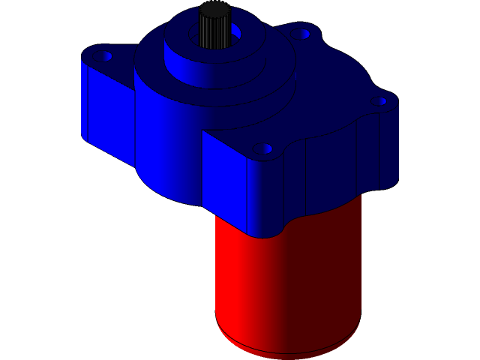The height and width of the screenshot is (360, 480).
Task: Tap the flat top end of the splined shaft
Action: point(214,9)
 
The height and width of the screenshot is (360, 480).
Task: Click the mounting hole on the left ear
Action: point(104,56)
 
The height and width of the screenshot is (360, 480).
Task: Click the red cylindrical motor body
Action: point(285,285)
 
